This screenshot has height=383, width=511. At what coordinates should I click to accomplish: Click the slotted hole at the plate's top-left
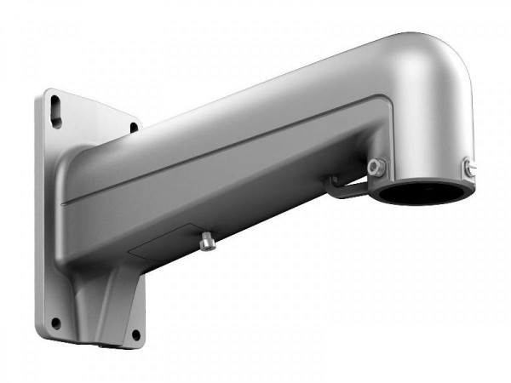(56, 109)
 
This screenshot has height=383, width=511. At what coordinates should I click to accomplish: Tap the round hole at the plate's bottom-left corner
(55, 323)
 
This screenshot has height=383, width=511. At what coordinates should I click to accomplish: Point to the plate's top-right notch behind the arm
(134, 128)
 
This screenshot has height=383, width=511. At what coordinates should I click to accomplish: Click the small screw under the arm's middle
(205, 243)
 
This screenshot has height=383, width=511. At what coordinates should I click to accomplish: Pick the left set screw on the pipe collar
(376, 165)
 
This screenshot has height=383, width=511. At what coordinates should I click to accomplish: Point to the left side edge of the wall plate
(37, 213)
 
